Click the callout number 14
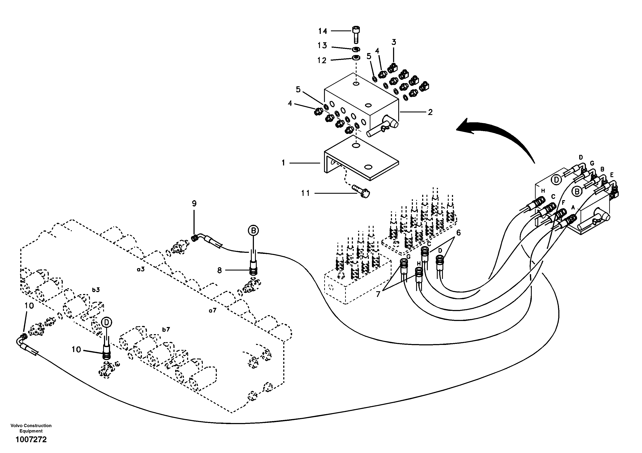322,31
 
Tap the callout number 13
322,45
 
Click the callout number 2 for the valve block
430,112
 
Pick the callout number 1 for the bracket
283,163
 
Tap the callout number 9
194,204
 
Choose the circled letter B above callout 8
253,231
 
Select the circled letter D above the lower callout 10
107,323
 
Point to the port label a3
141,269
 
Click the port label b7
166,329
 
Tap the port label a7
212,310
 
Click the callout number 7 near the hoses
378,294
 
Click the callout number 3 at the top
394,42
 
